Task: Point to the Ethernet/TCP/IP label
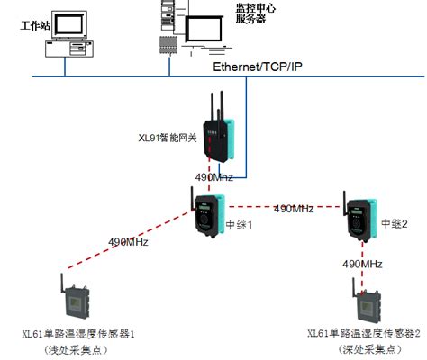pos(257,67)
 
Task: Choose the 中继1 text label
pos(238,225)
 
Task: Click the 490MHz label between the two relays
pos(293,208)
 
